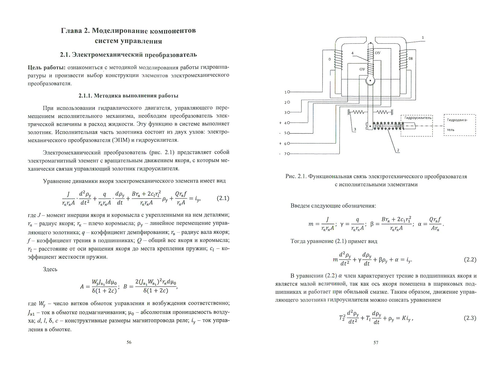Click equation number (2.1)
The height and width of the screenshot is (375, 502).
click(x=223, y=198)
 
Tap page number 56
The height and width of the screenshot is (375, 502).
click(x=129, y=342)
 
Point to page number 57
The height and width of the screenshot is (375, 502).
click(x=376, y=342)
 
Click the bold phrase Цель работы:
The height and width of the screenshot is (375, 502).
click(x=46, y=67)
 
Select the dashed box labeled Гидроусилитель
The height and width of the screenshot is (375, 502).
click(x=416, y=125)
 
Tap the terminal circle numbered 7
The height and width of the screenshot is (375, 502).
click(x=288, y=154)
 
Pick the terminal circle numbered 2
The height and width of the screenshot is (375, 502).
click(x=288, y=102)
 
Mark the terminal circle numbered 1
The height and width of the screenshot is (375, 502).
click(x=288, y=92)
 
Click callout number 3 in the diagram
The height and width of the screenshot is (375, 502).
click(x=355, y=129)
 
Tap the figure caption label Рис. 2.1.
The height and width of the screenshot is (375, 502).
click(x=296, y=176)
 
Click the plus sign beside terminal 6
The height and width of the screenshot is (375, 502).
click(x=280, y=144)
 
